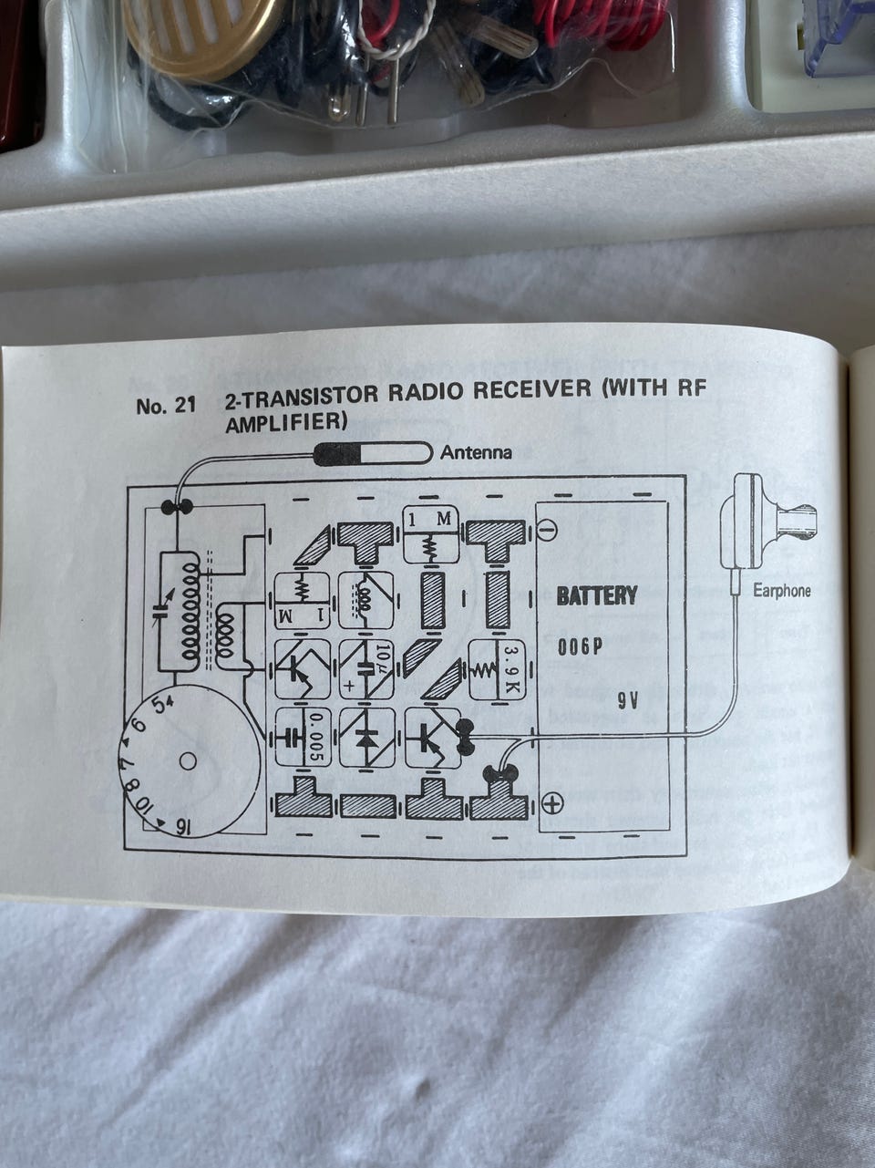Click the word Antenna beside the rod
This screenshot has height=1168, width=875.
click(476, 452)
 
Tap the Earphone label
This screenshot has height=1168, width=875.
click(781, 591)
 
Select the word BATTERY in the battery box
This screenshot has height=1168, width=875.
click(597, 596)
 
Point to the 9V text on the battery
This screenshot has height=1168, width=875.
click(628, 701)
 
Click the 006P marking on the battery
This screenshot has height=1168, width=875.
click(581, 648)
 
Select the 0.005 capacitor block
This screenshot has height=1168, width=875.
click(302, 737)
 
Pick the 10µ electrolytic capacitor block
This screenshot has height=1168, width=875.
click(366, 670)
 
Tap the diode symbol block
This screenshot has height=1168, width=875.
click(366, 737)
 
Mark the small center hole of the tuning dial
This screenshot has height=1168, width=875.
click(188, 760)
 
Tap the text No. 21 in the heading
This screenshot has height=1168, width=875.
click(166, 406)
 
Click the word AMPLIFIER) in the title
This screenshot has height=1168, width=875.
click(287, 422)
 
